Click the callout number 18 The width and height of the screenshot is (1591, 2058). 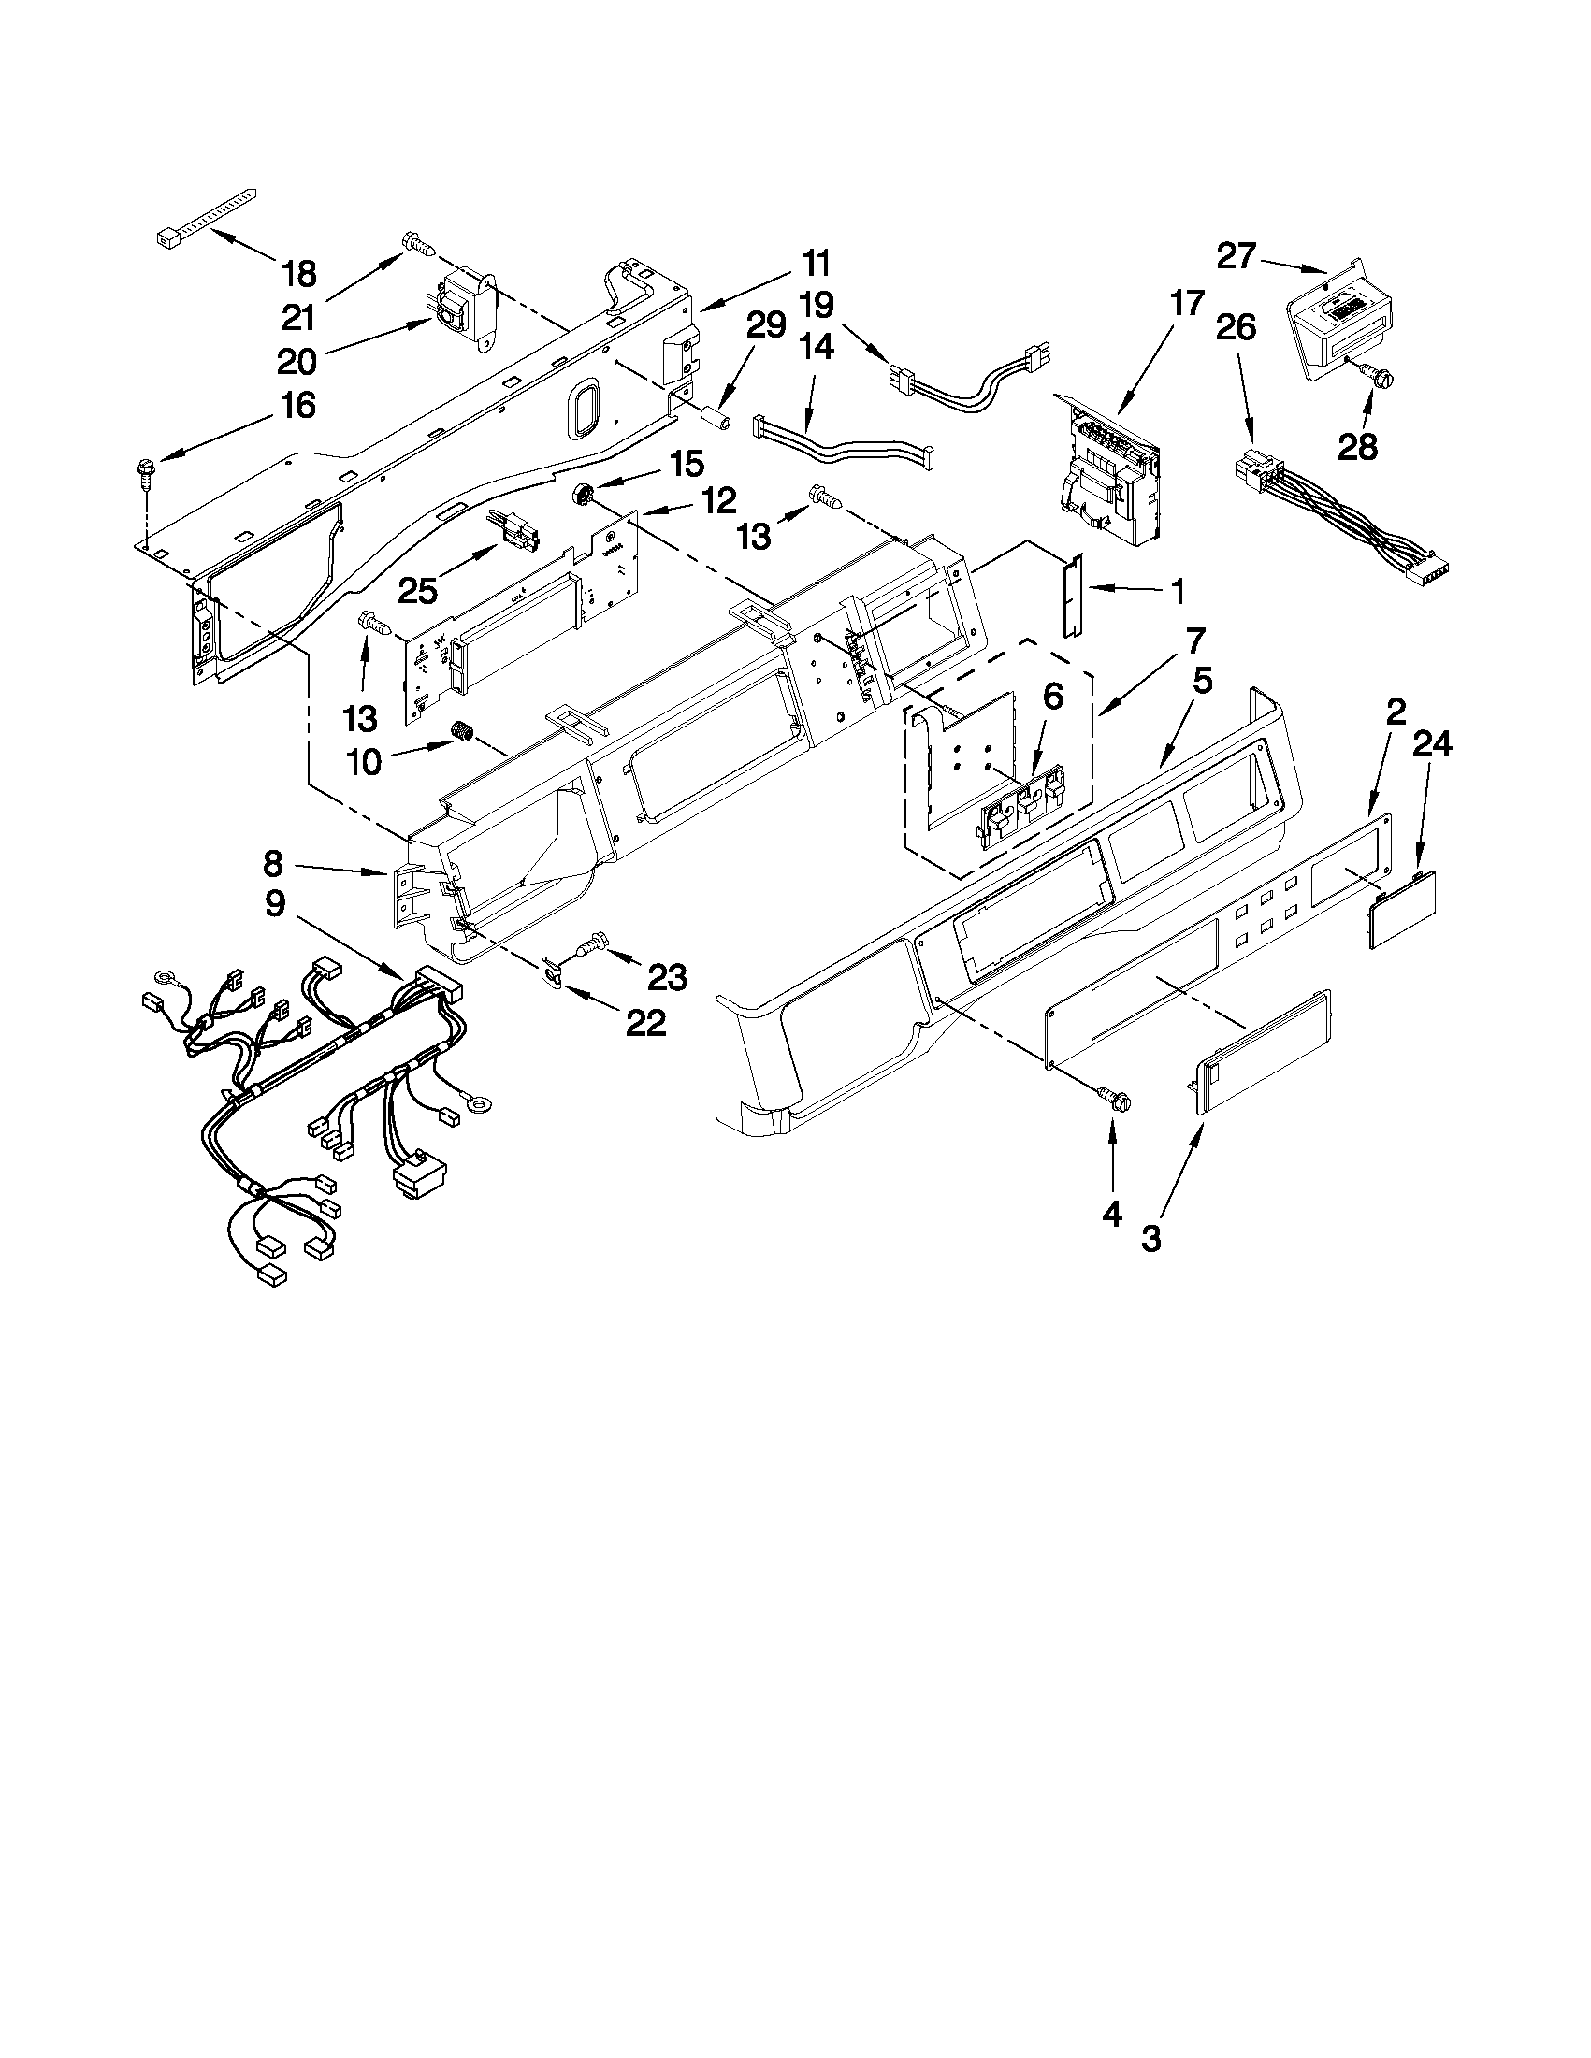pos(298,274)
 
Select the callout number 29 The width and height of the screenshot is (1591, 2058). pos(765,325)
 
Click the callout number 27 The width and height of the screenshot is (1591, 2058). pos(1237,255)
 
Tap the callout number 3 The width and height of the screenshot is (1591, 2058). pos(1150,1238)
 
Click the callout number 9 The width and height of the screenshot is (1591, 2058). pos(274,903)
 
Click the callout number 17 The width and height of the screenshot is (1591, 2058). pos(1187,304)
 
